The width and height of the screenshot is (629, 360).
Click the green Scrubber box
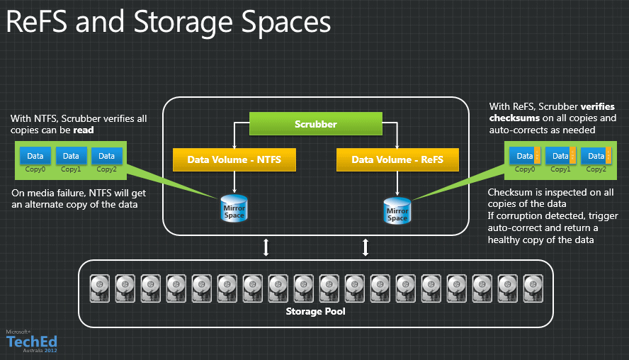(x=316, y=124)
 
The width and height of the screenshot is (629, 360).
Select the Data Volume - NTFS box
(x=234, y=159)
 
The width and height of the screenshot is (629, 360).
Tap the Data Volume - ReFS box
(x=397, y=159)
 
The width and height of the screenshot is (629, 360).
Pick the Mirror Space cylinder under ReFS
(x=397, y=210)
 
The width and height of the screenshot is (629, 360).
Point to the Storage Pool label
(x=315, y=311)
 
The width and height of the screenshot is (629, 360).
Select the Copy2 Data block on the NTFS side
(x=106, y=155)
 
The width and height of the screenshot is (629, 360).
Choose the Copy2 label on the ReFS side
(x=596, y=169)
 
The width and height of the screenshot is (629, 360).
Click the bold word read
(x=84, y=130)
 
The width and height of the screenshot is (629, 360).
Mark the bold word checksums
(x=514, y=118)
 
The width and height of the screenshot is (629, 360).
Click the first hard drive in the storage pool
(x=98, y=287)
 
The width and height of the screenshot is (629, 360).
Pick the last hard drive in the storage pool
(x=532, y=287)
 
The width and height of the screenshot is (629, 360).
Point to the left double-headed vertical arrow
(x=266, y=247)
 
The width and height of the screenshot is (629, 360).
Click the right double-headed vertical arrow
(x=366, y=247)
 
